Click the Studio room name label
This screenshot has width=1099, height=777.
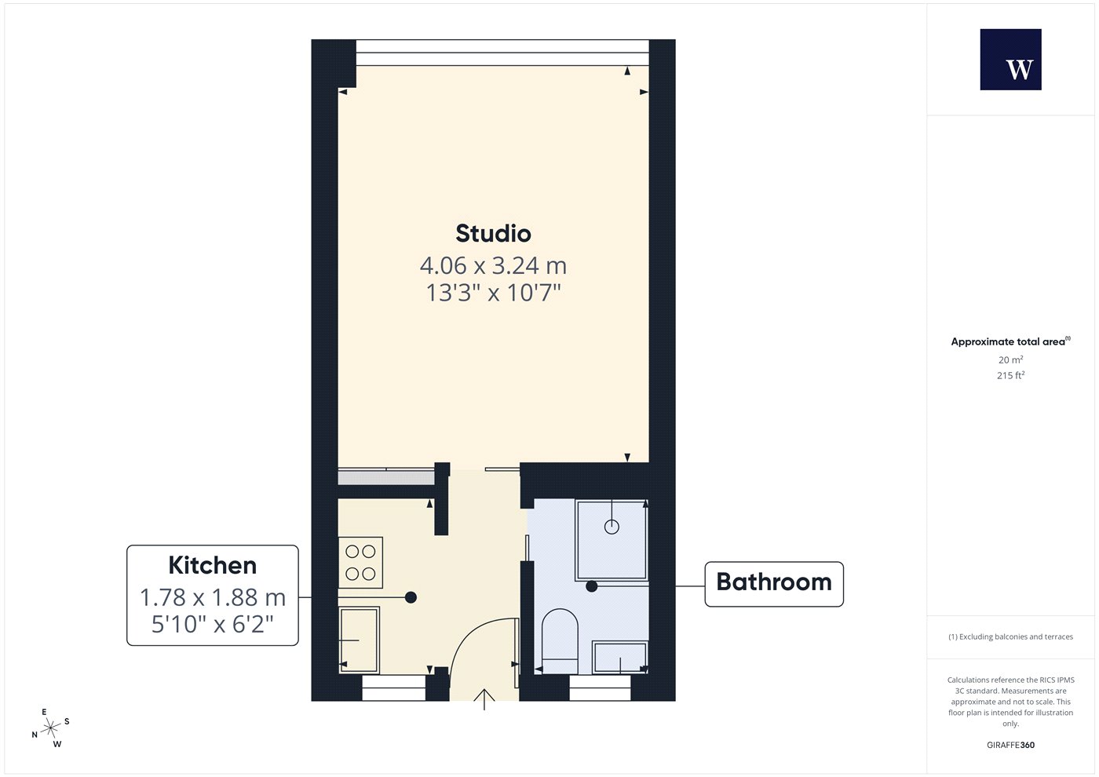click(x=493, y=234)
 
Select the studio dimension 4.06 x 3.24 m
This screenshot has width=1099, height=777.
click(x=493, y=266)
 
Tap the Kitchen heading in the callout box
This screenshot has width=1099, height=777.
click(x=213, y=565)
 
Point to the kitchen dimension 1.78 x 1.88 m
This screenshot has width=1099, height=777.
click(x=213, y=597)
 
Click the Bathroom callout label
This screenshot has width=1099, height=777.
click(x=774, y=582)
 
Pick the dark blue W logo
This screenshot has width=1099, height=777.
click(x=1011, y=60)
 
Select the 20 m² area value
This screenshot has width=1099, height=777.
click(x=1011, y=359)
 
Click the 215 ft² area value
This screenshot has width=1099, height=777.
click(x=1011, y=375)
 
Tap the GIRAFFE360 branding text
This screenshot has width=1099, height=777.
click(x=1011, y=745)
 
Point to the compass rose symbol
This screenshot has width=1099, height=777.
click(x=50, y=728)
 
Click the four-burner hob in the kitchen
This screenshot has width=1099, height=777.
click(x=360, y=563)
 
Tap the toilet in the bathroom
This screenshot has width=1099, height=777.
click(x=560, y=641)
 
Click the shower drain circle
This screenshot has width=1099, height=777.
click(x=612, y=527)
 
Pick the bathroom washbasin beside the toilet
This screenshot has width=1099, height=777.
click(x=619, y=658)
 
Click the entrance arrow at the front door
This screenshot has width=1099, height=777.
click(x=484, y=699)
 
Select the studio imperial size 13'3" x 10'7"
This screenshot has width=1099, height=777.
click(x=493, y=293)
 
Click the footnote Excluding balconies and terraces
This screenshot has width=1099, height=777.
click(x=1011, y=637)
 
